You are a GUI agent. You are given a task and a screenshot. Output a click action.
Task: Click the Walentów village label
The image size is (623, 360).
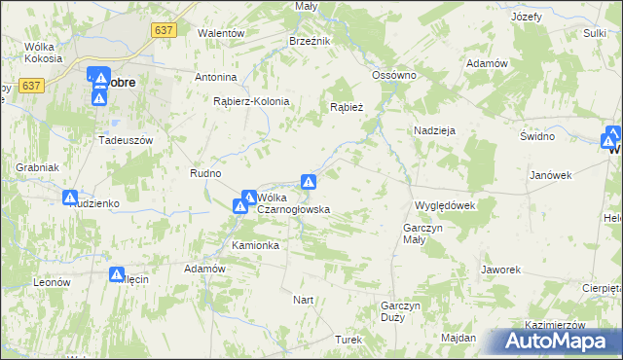click(x=220, y=32)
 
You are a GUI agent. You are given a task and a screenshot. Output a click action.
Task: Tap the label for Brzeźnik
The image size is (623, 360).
click(x=311, y=41)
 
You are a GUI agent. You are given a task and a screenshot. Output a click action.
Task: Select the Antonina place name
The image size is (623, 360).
click(x=216, y=77)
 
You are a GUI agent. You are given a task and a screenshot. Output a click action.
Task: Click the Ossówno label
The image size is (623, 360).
click(x=394, y=75)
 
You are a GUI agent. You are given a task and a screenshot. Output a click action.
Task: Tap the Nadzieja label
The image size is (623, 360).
click(x=434, y=129)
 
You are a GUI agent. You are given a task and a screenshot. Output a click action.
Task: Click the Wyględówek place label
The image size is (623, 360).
click(x=443, y=205)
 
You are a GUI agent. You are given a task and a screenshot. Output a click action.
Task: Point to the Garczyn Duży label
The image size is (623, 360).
click(x=400, y=311)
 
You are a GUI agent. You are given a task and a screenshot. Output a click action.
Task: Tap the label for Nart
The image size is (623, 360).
click(x=304, y=300)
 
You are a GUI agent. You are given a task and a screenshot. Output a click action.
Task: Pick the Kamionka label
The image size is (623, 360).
click(x=255, y=245)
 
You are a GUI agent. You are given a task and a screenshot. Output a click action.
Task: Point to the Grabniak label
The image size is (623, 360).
click(x=35, y=167)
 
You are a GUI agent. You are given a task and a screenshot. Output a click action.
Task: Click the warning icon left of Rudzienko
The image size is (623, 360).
click(x=70, y=198)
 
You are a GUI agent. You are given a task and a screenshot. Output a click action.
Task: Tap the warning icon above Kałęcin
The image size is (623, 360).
click(x=117, y=275)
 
